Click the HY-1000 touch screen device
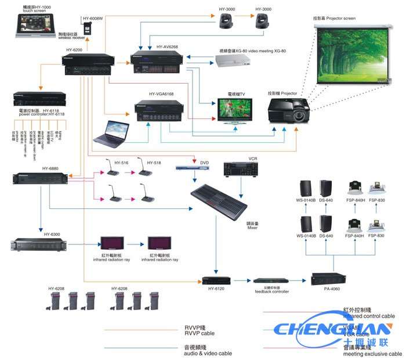click(x=35, y=23)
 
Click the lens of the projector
click(x=300, y=114)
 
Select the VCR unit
click(x=239, y=169)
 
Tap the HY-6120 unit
click(x=216, y=281)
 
